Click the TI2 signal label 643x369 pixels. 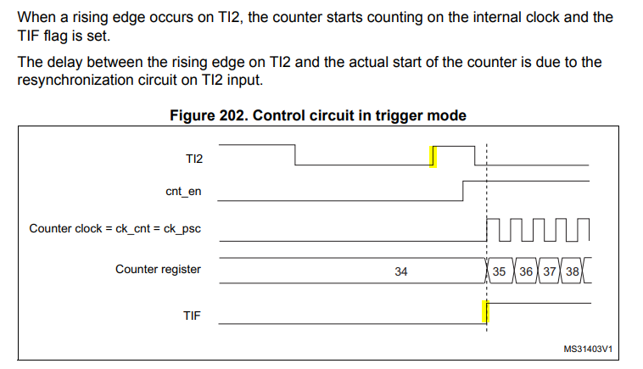tap(193, 158)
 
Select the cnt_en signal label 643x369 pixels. tap(183, 192)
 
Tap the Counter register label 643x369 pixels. tap(158, 270)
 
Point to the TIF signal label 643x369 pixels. tap(192, 315)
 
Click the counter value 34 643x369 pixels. tap(401, 271)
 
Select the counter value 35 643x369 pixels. tap(499, 271)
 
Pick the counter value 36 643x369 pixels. tap(526, 271)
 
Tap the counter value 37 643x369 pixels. tap(550, 271)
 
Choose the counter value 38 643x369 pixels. tap(573, 271)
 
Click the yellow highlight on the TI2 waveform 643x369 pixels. tap(433, 156)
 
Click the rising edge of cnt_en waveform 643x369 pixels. tap(462, 189)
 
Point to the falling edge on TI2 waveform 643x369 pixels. tap(295, 154)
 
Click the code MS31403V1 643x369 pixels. tap(588, 349)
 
